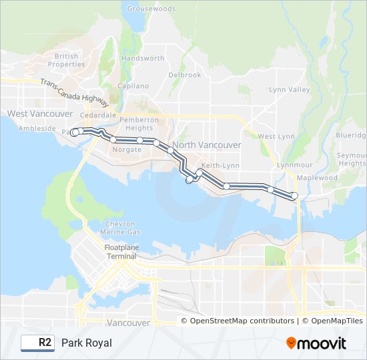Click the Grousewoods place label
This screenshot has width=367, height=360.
[x=151, y=9]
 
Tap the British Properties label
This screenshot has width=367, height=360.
[x=67, y=61]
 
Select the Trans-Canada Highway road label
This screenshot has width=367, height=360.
[x=73, y=93]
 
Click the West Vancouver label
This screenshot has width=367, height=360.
[x=31, y=114]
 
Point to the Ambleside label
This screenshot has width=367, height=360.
[x=37, y=128]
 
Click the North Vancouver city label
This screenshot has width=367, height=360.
[x=206, y=145]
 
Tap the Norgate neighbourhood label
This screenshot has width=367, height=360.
[x=127, y=149]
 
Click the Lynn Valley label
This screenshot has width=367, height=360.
[x=290, y=89]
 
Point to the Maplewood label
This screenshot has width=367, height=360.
[x=317, y=178]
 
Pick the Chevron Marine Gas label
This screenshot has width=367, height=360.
[x=120, y=228]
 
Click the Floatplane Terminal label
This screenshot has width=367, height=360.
[x=120, y=252]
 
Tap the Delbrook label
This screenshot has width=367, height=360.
[x=185, y=75]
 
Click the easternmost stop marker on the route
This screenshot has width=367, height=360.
[x=294, y=195]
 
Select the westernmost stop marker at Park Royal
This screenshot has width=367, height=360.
[x=75, y=133]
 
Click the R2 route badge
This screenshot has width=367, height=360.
[x=37, y=343]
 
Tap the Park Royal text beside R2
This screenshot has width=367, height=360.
[x=87, y=343]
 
